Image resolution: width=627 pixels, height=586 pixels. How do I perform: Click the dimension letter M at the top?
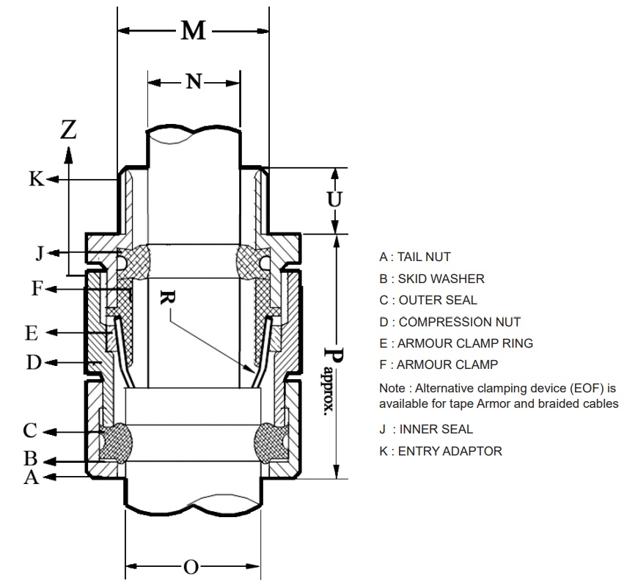pyautogui.click(x=193, y=31)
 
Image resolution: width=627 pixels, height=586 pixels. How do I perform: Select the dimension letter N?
pyautogui.click(x=194, y=81)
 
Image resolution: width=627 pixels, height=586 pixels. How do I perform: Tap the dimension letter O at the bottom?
pyautogui.click(x=191, y=567)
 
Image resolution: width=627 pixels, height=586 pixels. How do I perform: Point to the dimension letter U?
pyautogui.click(x=335, y=199)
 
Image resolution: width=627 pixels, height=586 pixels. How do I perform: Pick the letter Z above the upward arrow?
pyautogui.click(x=68, y=129)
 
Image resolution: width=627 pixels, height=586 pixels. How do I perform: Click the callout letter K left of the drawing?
pyautogui.click(x=37, y=178)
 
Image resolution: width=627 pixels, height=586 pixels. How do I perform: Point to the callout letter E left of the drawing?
pyautogui.click(x=31, y=333)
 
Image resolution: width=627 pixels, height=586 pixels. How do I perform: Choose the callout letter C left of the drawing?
pyautogui.click(x=30, y=431)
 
